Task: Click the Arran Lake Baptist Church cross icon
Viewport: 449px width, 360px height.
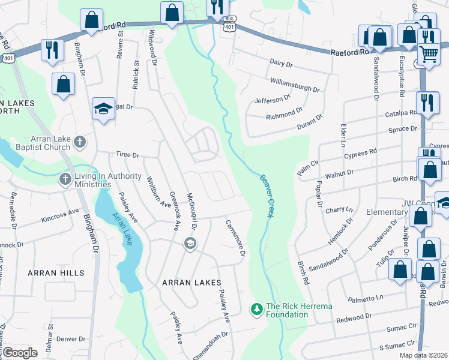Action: click(x=81, y=142)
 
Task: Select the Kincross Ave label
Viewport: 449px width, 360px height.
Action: click(x=61, y=214)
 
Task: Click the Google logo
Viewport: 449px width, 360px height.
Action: click(x=20, y=353)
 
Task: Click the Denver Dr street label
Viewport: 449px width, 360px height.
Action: click(x=71, y=339)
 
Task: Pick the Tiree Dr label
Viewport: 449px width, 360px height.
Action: click(x=127, y=155)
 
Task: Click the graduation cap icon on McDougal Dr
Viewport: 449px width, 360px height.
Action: click(x=190, y=243)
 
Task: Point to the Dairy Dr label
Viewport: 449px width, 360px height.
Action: click(x=281, y=63)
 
